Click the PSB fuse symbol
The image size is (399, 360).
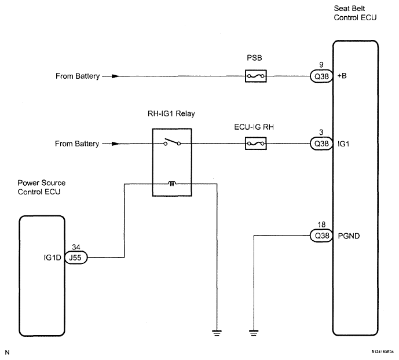coord(256,76)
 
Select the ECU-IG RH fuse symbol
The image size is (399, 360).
coord(256,144)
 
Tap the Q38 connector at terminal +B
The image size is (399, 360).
coord(321,76)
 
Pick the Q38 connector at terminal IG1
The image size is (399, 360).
coord(321,144)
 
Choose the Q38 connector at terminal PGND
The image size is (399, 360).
coord(321,236)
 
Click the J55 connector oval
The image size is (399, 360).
coord(76,258)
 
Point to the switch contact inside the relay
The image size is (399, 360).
coord(172,142)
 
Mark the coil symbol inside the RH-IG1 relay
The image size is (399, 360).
coord(172,183)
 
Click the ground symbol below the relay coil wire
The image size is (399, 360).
coord(217,333)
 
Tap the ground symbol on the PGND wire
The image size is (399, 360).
coord(254,333)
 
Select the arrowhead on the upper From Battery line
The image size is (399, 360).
coord(115,76)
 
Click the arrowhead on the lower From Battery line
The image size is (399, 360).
coord(115,144)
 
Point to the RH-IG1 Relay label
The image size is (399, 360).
coord(171,113)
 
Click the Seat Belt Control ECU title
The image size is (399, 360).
coord(355,13)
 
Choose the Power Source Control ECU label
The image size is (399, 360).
coord(42,187)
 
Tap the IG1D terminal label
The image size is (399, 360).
coord(53,258)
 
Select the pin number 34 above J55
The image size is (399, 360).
coord(76,247)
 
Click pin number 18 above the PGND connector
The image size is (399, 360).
coord(321,225)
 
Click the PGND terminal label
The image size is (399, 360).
coord(349,236)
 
